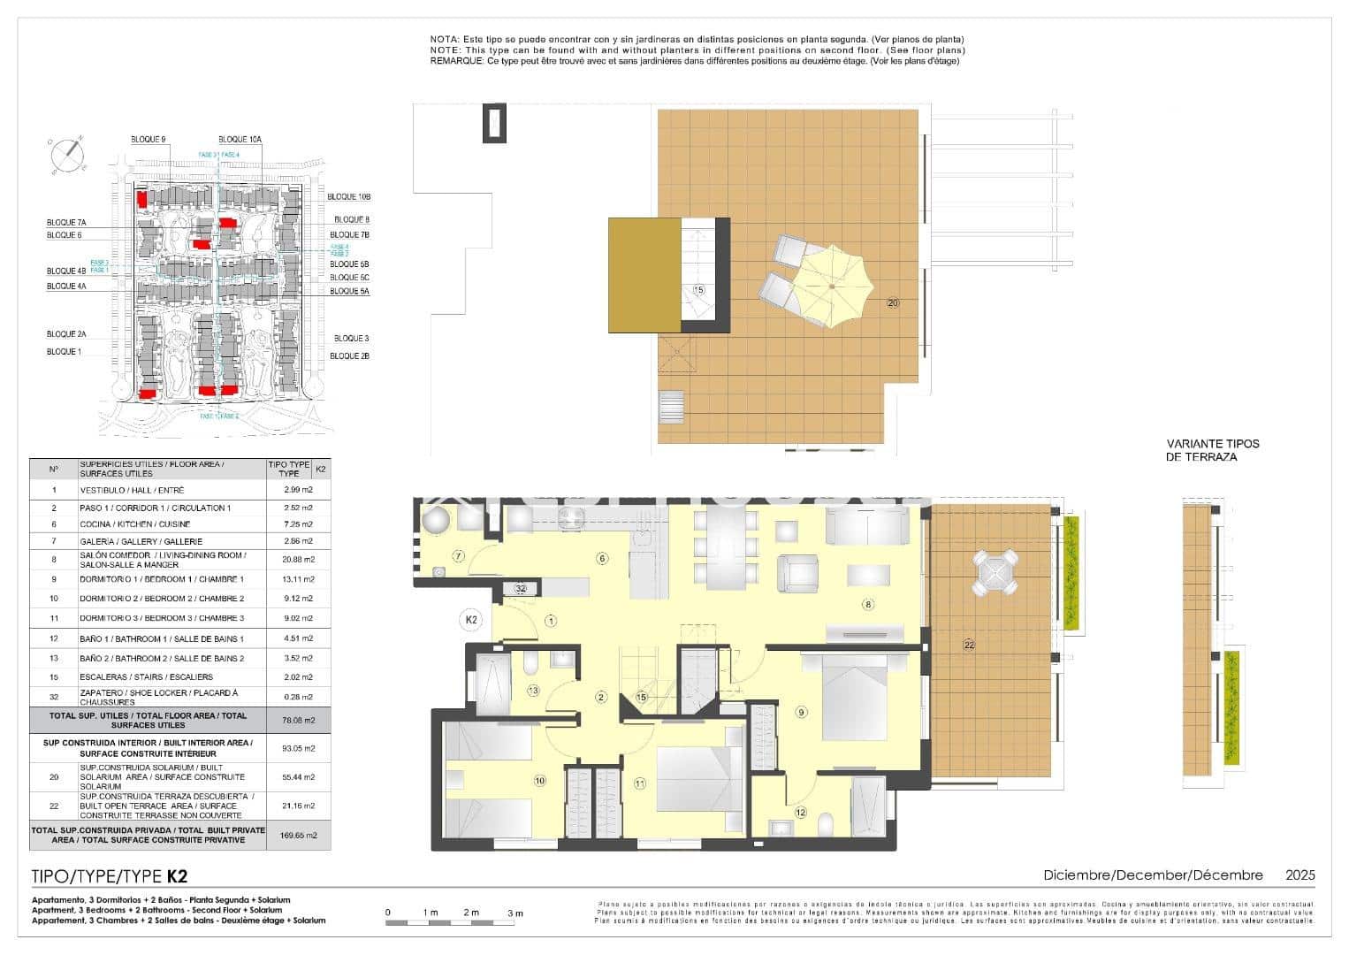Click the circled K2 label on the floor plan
[471, 620]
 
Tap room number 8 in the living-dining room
[868, 605]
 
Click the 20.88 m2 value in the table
[299, 560]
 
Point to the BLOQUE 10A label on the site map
[240, 140]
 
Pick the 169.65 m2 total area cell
[299, 835]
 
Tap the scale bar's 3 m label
[514, 913]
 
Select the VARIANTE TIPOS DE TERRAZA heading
[1213, 450]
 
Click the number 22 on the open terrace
[969, 646]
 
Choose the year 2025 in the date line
[1299, 875]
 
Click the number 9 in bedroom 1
[801, 712]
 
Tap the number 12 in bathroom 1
[800, 813]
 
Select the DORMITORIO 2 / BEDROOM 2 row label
[162, 599]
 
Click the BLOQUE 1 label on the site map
[63, 352]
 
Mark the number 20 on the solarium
[893, 303]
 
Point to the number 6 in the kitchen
[602, 558]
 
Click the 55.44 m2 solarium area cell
[299, 777]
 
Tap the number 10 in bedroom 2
[539, 780]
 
